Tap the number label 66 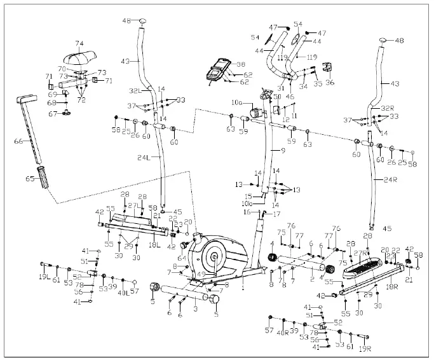coord(20,142)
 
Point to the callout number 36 coord(329,82)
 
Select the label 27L coord(133,205)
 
